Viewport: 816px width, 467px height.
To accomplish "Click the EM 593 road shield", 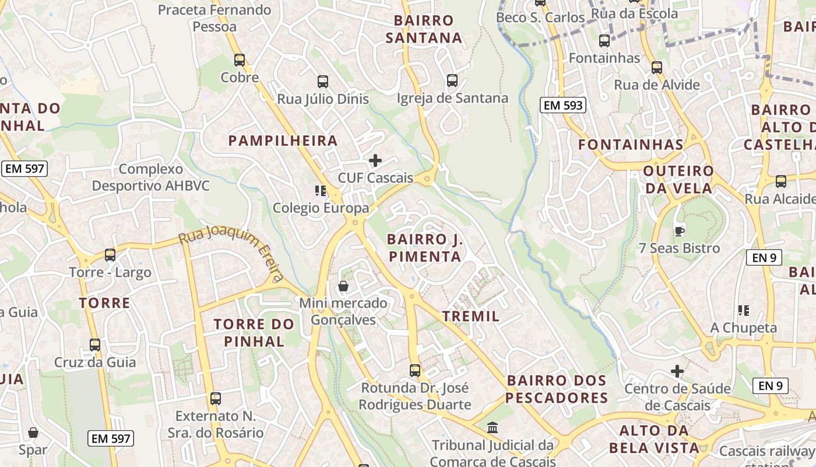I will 562,105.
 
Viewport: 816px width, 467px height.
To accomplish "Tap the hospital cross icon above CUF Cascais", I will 376,160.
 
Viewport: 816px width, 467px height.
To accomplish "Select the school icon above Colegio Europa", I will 320,190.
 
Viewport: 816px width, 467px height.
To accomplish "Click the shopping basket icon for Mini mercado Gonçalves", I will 343,286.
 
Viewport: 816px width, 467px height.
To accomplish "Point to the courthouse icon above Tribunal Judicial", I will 493,428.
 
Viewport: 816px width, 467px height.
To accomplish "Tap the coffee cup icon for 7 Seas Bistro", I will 679,231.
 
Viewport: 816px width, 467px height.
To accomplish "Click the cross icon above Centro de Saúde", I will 677,371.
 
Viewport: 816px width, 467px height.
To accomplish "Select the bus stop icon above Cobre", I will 240,60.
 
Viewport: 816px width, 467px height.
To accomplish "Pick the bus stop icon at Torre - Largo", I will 110,255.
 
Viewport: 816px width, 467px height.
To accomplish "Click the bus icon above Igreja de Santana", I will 452,81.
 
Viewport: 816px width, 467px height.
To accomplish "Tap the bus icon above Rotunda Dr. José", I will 414,370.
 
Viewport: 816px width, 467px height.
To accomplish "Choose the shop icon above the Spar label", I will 33,433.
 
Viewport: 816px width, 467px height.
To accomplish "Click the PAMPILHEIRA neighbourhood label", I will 283,141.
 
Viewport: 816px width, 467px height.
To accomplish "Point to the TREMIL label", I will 471,316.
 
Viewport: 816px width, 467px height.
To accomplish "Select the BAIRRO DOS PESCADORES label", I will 557,389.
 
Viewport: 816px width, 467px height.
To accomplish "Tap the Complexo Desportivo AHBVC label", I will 150,177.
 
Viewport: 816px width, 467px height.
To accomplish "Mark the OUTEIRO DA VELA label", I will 678,179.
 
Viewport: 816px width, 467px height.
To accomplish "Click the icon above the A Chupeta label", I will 743,311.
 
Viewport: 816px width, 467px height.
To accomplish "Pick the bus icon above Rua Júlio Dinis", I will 322,82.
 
